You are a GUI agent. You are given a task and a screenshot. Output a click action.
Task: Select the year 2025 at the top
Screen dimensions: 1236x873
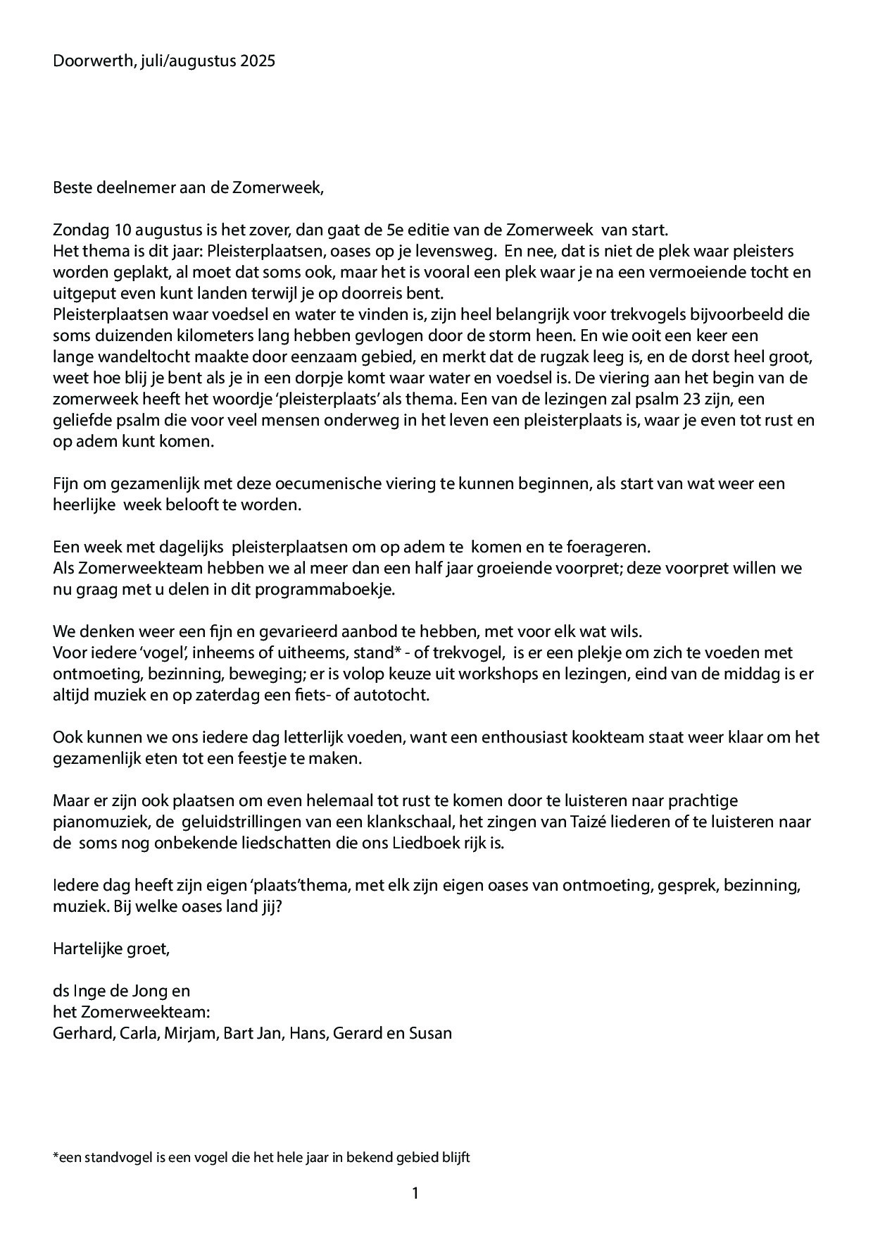257,61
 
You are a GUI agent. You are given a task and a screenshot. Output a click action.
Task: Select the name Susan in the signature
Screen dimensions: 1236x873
432,1034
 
